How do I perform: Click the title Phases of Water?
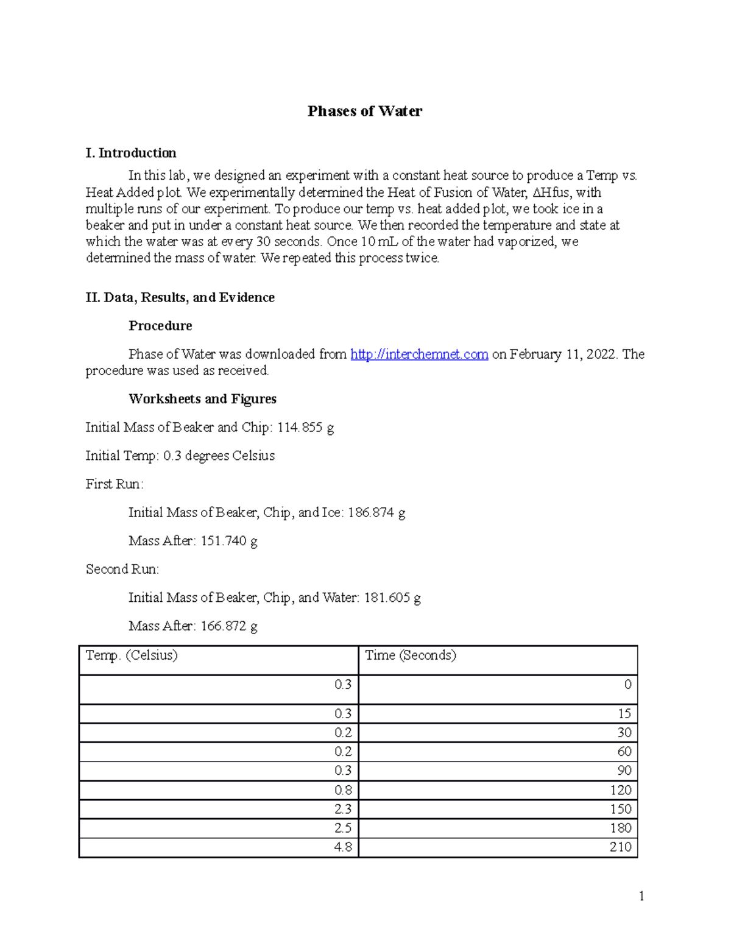coord(364,111)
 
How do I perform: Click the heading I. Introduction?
coord(131,153)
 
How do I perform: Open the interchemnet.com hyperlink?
coord(419,354)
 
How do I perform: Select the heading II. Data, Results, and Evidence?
coord(180,297)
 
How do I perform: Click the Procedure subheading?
coord(160,326)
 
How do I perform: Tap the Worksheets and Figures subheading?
coord(202,399)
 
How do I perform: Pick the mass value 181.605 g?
coord(392,598)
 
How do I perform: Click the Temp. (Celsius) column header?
coord(132,655)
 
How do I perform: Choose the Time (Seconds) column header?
coord(411,655)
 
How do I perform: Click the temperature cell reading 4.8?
coord(343,847)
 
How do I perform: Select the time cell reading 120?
coord(621,790)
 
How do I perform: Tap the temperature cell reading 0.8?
coord(343,790)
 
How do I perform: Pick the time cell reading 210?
coord(621,847)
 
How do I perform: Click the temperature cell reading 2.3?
coord(343,809)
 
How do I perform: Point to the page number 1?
coord(641,895)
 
